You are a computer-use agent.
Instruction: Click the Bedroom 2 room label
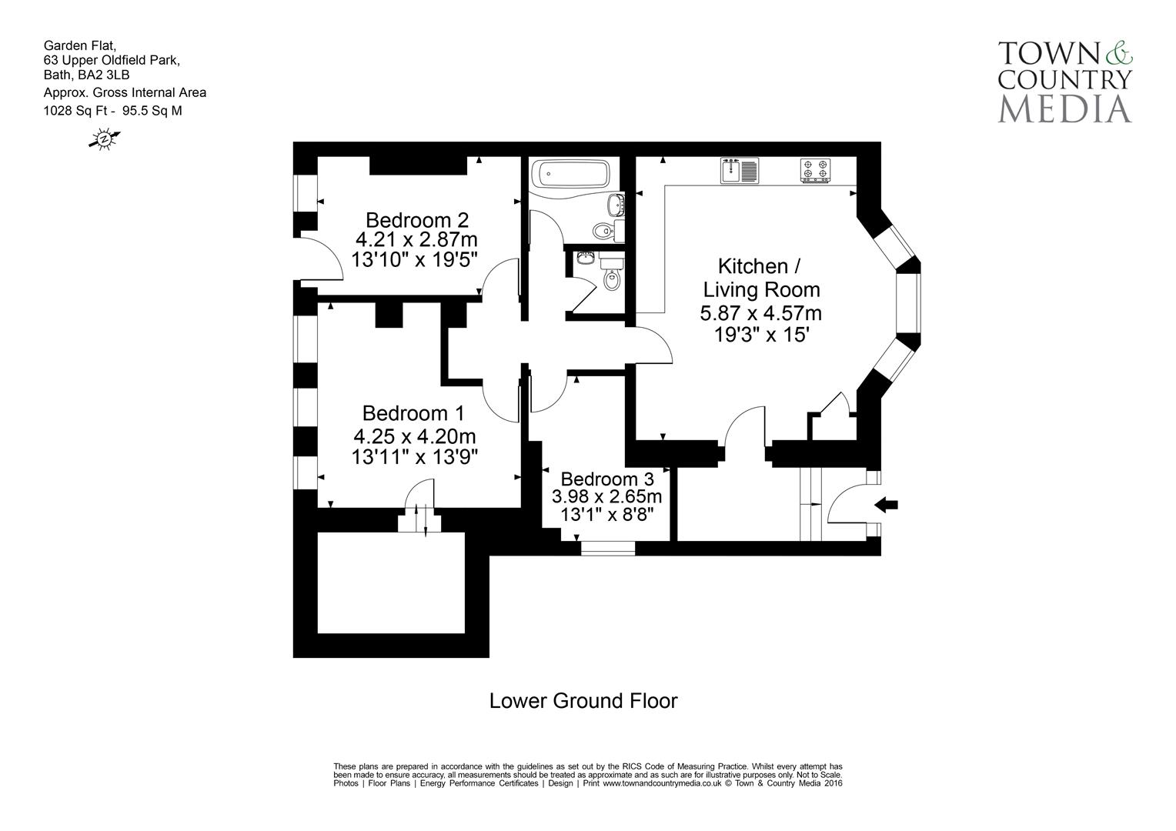click(416, 219)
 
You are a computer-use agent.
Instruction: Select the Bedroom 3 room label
click(607, 478)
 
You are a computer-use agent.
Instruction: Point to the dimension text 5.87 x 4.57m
click(760, 313)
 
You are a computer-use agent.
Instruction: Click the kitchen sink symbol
click(739, 170)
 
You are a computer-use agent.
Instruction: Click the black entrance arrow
click(887, 505)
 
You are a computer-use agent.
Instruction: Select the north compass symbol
click(105, 139)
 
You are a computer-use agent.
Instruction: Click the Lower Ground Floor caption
click(583, 701)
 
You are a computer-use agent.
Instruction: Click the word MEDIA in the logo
click(1064, 108)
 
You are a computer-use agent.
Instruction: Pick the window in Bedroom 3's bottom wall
click(607, 548)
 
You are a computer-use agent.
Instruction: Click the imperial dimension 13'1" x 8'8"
click(606, 514)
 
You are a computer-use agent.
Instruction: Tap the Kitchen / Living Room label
click(760, 278)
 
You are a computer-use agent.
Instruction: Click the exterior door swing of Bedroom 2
click(322, 261)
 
